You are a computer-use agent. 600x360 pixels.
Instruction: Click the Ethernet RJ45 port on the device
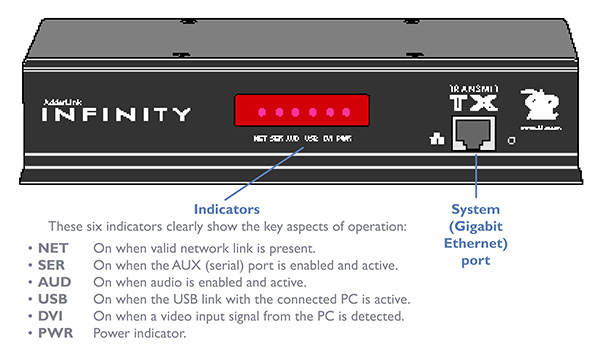[470, 135]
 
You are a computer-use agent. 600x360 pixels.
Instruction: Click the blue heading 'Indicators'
[228, 210]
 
